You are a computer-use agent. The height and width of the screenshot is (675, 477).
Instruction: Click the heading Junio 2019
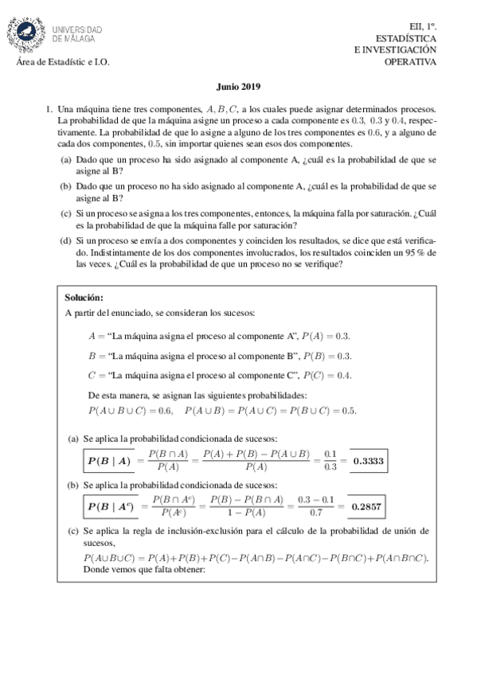click(238, 89)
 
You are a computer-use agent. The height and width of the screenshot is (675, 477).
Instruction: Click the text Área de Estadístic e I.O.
click(63, 63)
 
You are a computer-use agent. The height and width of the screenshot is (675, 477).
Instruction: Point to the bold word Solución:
click(84, 297)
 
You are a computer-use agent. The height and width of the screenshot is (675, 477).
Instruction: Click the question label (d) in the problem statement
click(65, 240)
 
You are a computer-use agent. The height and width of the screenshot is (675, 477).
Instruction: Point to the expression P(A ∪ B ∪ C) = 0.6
click(131, 411)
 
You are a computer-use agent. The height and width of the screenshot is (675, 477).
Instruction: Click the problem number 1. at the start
click(49, 107)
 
